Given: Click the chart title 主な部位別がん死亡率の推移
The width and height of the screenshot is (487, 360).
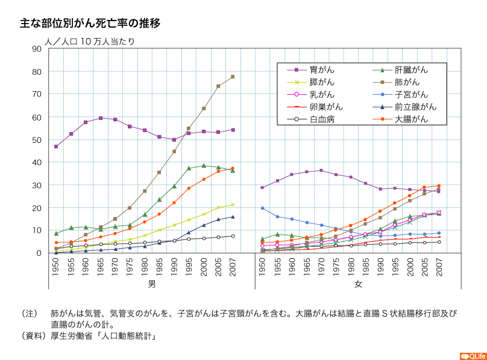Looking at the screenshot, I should click(x=90, y=24).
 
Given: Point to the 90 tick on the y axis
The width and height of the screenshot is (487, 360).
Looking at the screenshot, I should click(x=36, y=49).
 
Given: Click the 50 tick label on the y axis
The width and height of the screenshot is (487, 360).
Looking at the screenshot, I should click(x=36, y=140).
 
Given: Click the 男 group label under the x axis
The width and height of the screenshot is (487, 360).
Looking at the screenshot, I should click(x=143, y=283).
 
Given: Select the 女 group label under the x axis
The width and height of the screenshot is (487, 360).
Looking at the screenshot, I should click(x=358, y=283).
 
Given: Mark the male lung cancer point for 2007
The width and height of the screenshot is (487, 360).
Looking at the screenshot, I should click(x=233, y=77).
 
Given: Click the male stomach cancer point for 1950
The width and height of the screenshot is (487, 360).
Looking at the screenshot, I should click(x=56, y=147).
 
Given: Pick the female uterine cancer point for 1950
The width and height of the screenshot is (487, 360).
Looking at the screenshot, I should click(x=262, y=208).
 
